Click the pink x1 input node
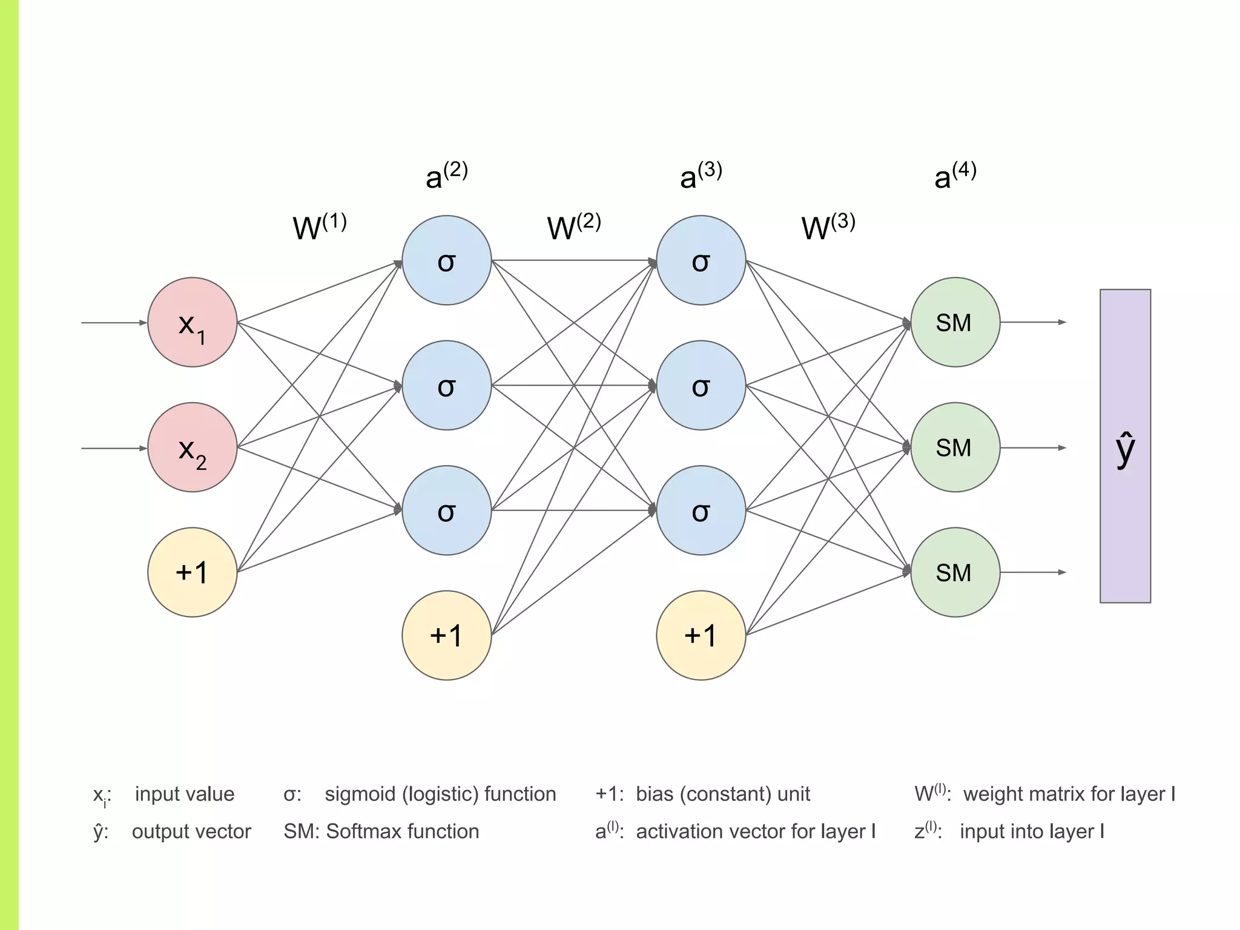(x=193, y=322)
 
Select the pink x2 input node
(x=193, y=447)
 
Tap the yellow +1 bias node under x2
(x=193, y=572)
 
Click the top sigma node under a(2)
(x=447, y=260)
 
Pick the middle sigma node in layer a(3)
(x=701, y=385)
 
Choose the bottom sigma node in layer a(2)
(x=447, y=510)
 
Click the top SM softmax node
(x=955, y=322)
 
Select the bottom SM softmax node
(x=955, y=572)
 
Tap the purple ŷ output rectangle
(x=1125, y=446)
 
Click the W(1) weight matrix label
(x=320, y=227)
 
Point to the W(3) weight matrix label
(x=828, y=227)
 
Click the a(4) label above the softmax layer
(x=955, y=176)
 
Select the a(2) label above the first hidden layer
(x=447, y=176)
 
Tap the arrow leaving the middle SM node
(x=1033, y=447)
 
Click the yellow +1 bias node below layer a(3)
(x=701, y=635)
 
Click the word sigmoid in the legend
(x=360, y=794)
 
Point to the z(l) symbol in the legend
(x=927, y=830)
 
